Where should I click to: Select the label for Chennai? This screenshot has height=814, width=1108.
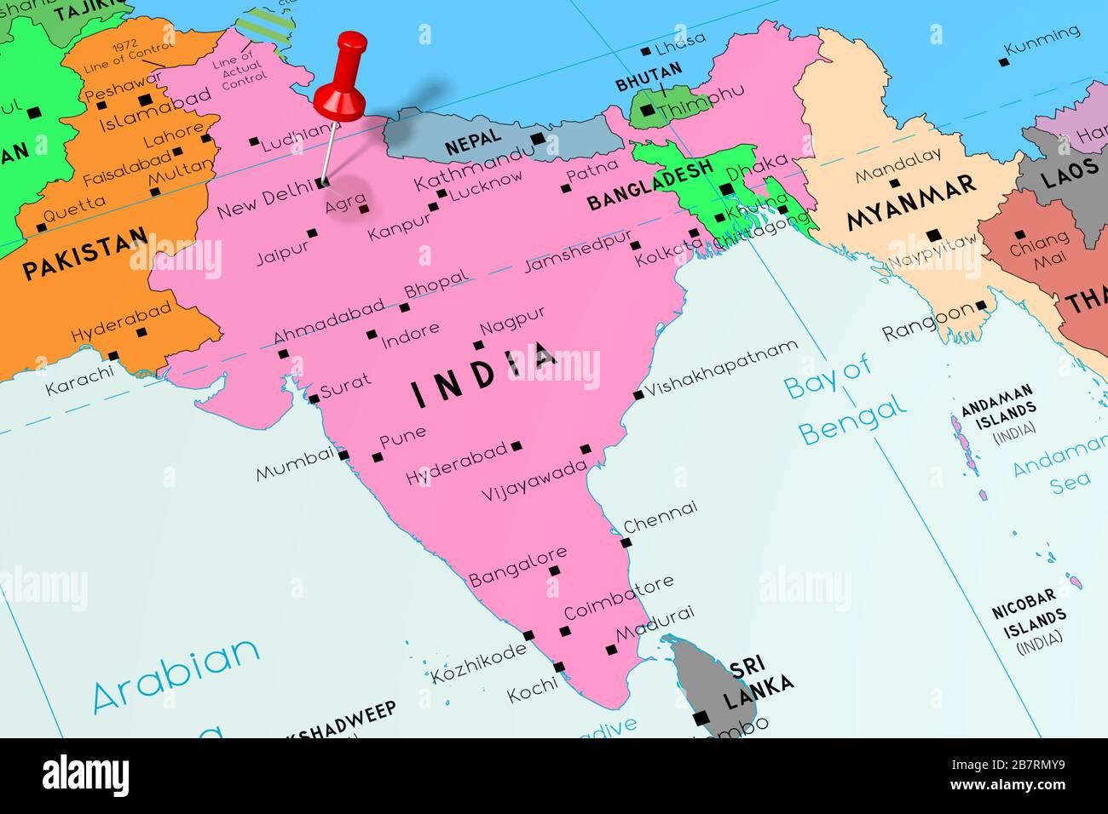coord(660,518)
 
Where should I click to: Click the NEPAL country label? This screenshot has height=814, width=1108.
coord(471,144)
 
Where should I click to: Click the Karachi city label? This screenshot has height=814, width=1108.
coord(78,381)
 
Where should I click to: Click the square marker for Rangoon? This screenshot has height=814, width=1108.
coord(981,305)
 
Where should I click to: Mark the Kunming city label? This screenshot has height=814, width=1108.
coord(1042,42)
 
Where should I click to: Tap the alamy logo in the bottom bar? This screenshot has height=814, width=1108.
coord(87,776)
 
